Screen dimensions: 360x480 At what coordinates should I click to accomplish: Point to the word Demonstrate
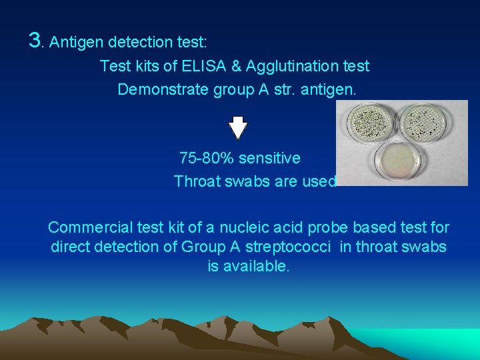click(161, 89)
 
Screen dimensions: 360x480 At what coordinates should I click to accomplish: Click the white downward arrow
click(238, 127)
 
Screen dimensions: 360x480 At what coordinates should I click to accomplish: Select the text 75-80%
click(207, 159)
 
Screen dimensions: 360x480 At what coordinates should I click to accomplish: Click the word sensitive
click(270, 159)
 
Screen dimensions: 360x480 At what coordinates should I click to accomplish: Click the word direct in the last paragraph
click(71, 247)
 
